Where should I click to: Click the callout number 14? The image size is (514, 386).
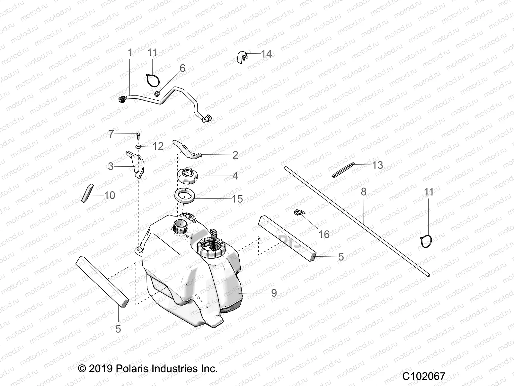[x=266, y=54]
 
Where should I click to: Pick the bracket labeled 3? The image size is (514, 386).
[x=136, y=164]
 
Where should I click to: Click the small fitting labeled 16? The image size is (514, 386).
[x=299, y=213]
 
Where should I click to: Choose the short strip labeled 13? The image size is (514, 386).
[x=343, y=170]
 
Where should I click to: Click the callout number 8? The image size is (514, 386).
[x=363, y=192]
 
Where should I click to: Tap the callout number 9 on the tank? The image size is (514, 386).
[x=274, y=293]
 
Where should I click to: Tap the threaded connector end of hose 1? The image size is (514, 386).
[x=122, y=100]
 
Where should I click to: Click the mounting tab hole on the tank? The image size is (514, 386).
[x=138, y=249]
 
